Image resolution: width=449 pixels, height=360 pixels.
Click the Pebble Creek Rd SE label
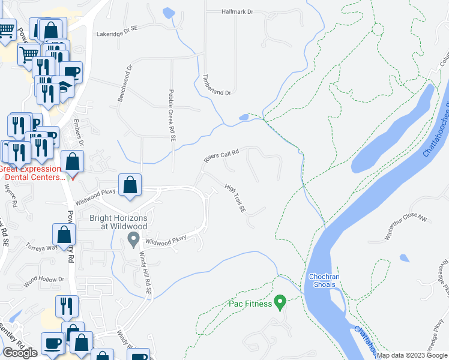[172, 116]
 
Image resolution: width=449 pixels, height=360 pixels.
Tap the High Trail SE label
[235, 199]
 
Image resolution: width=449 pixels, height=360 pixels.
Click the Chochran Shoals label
[326, 280]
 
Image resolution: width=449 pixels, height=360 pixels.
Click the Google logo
[20, 352]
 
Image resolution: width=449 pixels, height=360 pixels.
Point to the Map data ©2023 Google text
[412, 355]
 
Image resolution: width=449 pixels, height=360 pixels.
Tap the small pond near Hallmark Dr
[169, 12]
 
